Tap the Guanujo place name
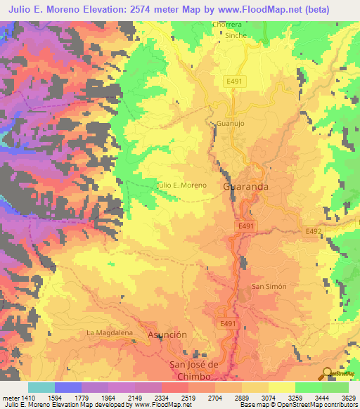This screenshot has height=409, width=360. click(229, 122)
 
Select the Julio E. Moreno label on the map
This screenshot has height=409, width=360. click(181, 185)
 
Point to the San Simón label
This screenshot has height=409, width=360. click(269, 287)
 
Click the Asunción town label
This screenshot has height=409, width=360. click(167, 335)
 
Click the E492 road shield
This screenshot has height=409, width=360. click(313, 231)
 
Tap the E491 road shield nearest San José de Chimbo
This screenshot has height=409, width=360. click(226, 323)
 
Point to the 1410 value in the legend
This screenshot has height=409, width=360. click(27, 398)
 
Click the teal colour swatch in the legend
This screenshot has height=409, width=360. click(41, 387)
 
